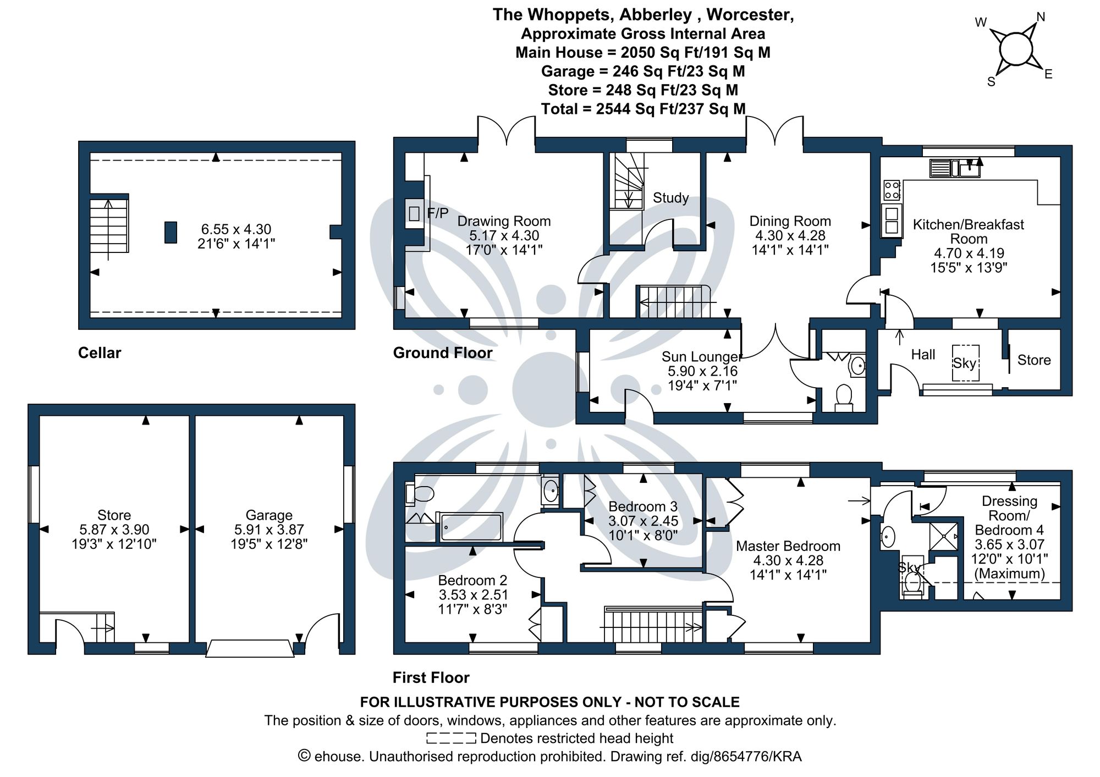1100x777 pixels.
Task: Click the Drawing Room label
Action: click(504, 221)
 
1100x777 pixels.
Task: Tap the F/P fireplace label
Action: click(438, 213)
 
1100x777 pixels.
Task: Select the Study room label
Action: click(670, 198)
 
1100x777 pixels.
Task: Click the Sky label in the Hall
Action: click(965, 363)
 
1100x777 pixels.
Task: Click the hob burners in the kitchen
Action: click(892, 191)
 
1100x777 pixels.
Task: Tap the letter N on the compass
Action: click(1041, 17)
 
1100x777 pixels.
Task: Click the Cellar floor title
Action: click(100, 352)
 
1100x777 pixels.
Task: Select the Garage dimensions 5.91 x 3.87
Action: click(269, 530)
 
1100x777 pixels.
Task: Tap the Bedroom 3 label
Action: click(643, 506)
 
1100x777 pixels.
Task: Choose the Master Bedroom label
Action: click(788, 546)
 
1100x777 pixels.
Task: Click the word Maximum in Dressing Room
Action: click(1009, 574)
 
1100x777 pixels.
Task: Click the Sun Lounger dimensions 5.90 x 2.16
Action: click(702, 371)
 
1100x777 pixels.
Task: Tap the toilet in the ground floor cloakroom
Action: click(843, 397)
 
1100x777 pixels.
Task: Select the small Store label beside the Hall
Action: click(1034, 360)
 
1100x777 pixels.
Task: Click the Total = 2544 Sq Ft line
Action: click(643, 109)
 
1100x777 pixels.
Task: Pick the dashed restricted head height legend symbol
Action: click(451, 738)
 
